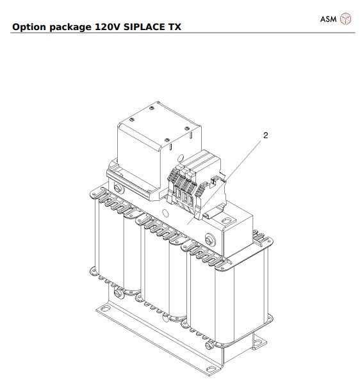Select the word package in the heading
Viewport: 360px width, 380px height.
point(72,28)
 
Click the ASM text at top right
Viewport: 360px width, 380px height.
point(329,19)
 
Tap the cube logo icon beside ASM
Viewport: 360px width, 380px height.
point(346,19)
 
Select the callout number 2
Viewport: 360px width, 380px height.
point(265,136)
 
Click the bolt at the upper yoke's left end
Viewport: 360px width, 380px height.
point(119,188)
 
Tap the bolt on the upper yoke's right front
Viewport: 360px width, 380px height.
point(210,241)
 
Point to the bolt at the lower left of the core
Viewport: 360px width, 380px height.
point(118,295)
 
